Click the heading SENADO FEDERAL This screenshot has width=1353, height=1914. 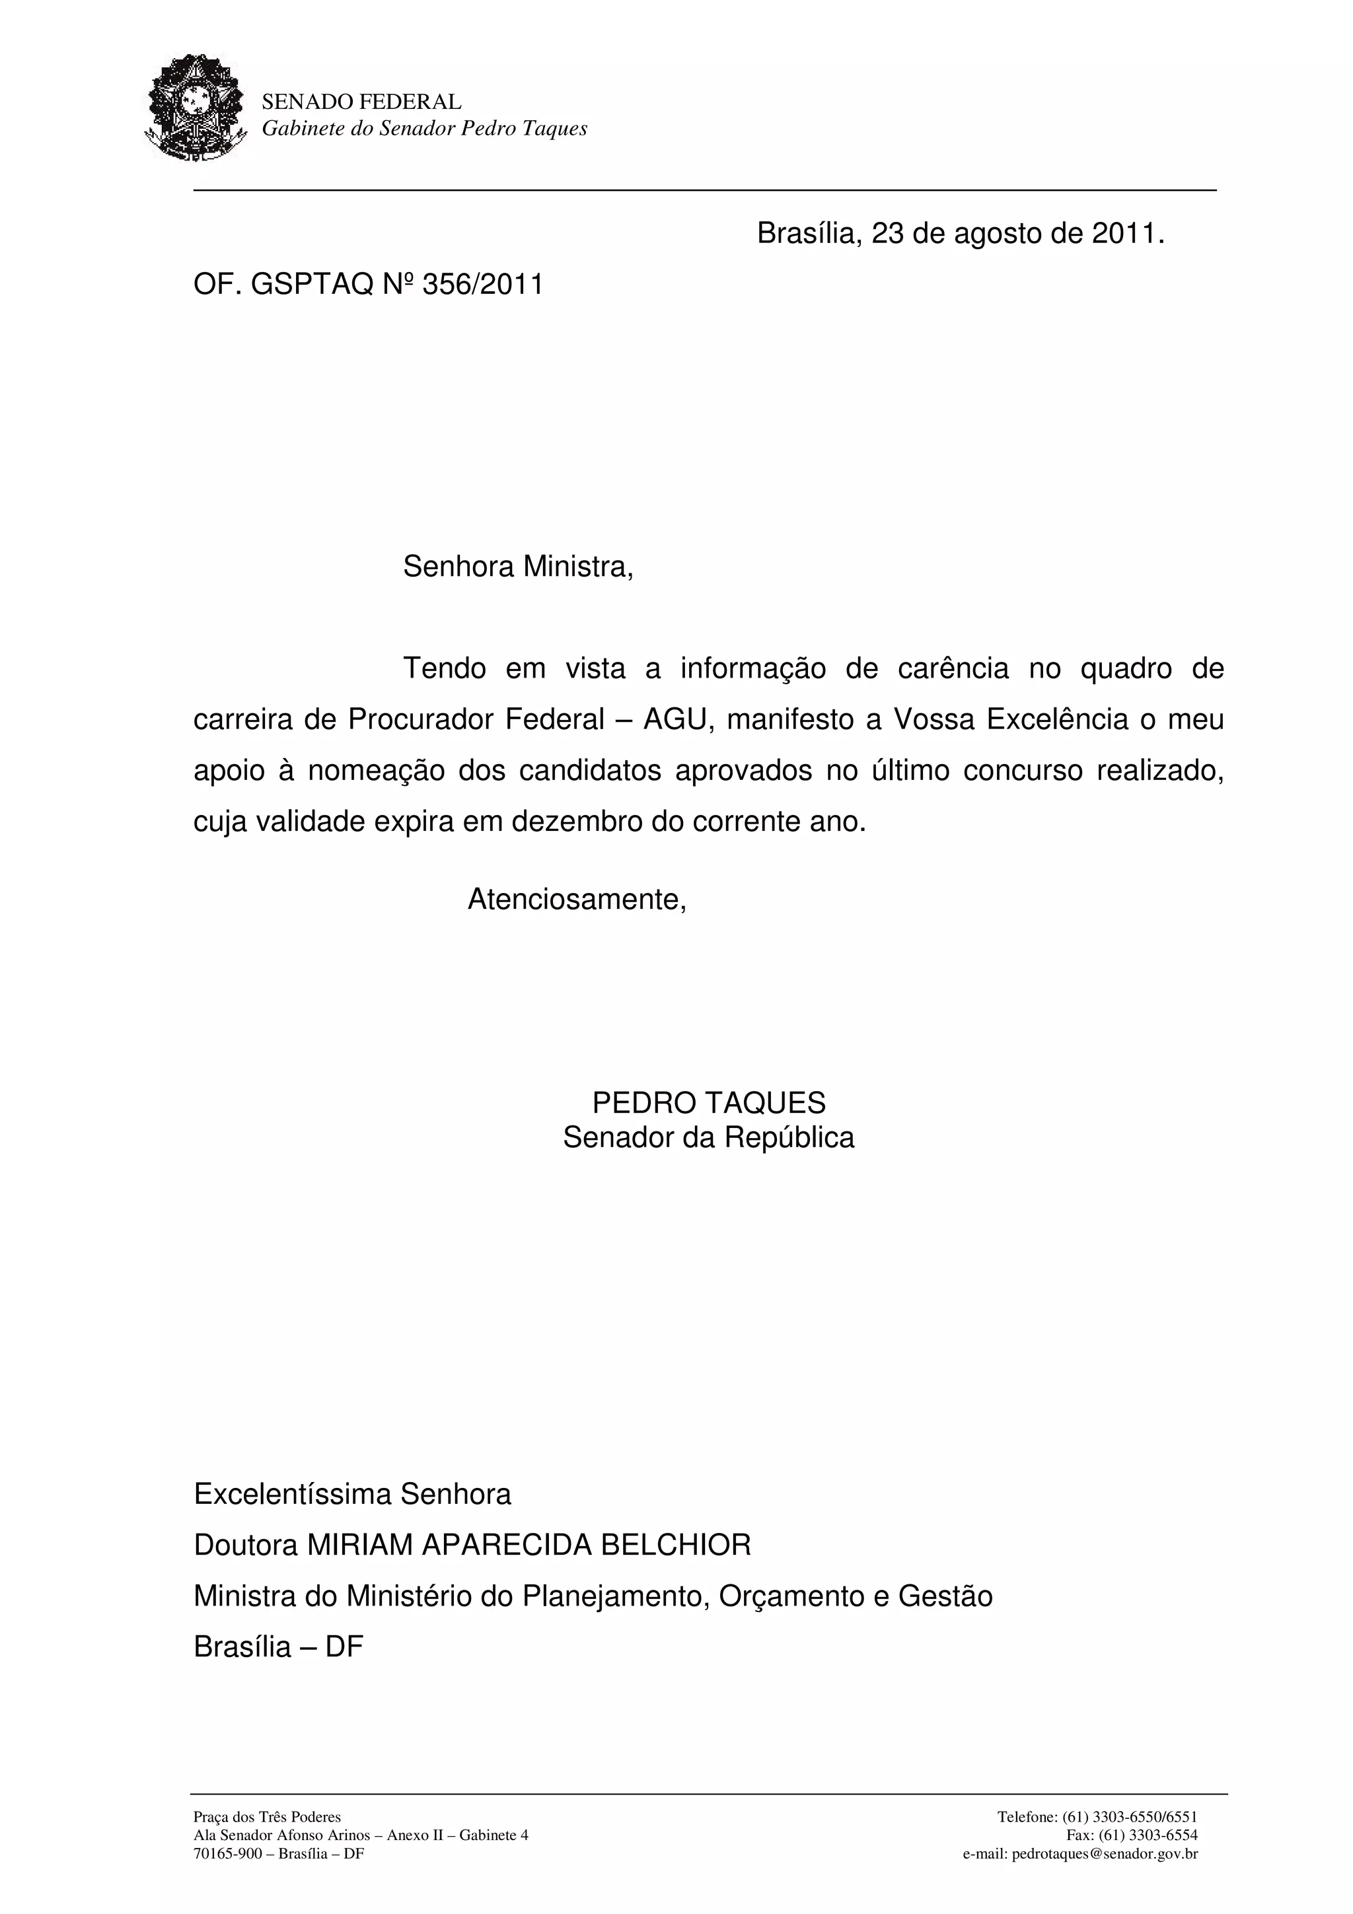point(361,102)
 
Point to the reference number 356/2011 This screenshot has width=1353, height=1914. point(483,285)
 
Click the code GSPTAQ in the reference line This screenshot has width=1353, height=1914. point(312,285)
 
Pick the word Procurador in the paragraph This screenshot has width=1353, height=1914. point(421,719)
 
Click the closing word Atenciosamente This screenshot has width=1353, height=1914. point(577,900)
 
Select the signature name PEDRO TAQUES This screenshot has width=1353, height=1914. point(709,1103)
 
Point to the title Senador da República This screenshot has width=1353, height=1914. point(709,1138)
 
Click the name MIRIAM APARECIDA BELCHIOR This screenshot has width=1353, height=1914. point(529,1545)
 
